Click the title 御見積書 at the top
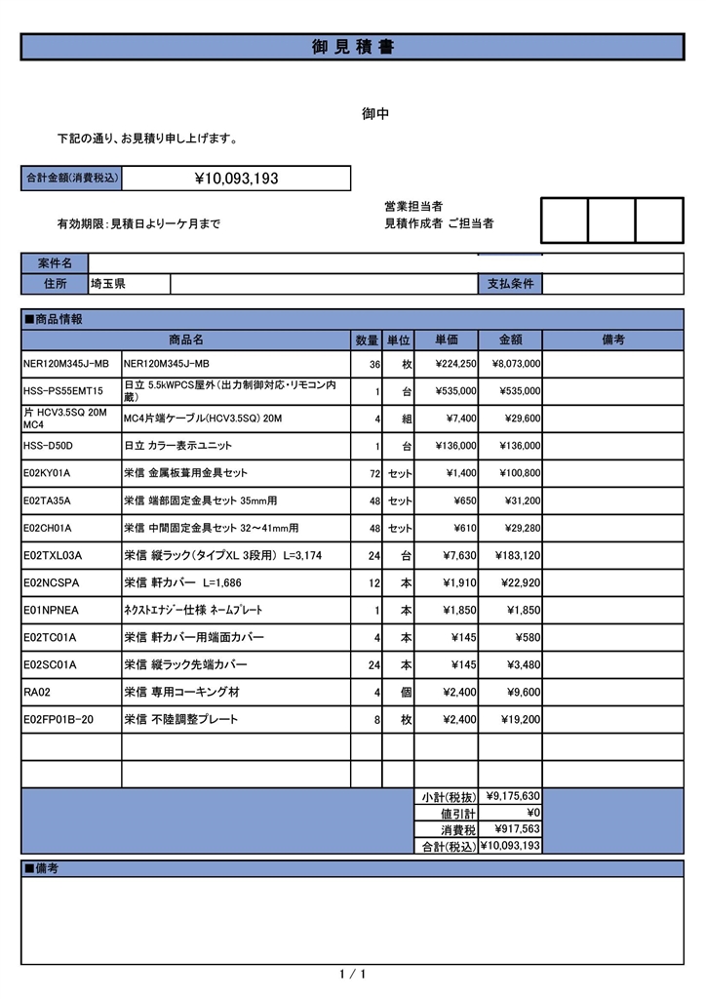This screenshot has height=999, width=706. (x=353, y=47)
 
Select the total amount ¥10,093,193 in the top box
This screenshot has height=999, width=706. (x=237, y=179)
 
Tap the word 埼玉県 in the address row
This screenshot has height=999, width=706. (x=107, y=284)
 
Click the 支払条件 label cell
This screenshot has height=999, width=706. (x=511, y=284)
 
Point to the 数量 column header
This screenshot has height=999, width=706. (x=367, y=340)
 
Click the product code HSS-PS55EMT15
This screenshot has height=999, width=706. (x=62, y=391)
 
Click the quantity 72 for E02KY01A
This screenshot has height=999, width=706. (x=373, y=473)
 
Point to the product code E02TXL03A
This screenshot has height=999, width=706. (x=53, y=555)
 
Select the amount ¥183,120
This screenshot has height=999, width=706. (x=517, y=555)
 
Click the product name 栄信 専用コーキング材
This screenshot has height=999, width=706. (x=181, y=692)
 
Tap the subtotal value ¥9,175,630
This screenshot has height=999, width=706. (x=513, y=795)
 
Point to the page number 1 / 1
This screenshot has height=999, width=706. (x=353, y=975)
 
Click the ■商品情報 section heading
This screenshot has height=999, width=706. (x=54, y=319)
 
